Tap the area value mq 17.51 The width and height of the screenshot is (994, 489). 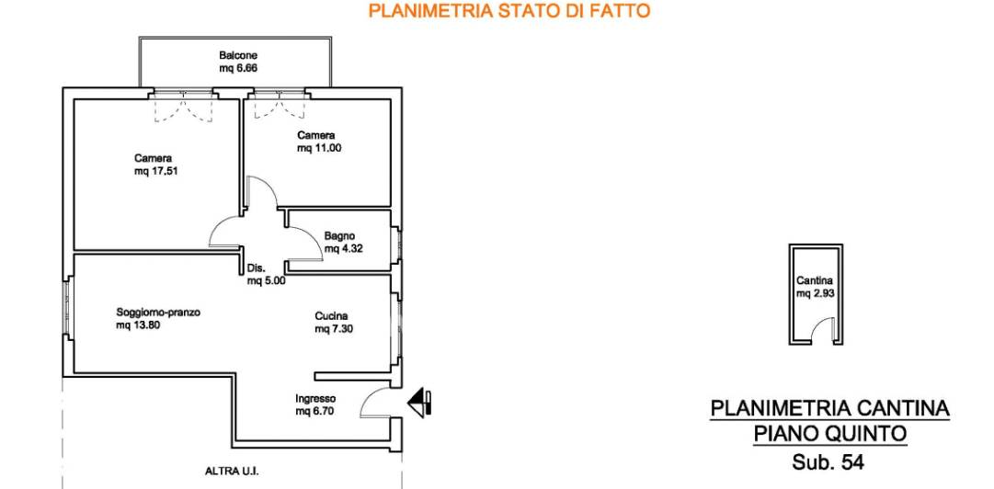point(155,171)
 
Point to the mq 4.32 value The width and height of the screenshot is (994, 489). point(343,249)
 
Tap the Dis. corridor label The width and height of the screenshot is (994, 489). point(256,268)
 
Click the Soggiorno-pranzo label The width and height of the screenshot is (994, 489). point(158,313)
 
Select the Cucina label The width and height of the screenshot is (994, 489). point(332,316)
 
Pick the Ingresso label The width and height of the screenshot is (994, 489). point(315,398)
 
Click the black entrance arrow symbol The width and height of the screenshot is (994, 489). point(419,403)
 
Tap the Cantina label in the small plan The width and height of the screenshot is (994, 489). point(815,281)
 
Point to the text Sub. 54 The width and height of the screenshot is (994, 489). point(828,463)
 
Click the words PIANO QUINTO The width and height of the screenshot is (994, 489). point(830,435)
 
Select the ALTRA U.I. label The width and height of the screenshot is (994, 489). point(233,472)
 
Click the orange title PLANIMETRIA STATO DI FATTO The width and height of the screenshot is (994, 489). point(509,11)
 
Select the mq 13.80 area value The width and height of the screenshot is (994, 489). point(138,325)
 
